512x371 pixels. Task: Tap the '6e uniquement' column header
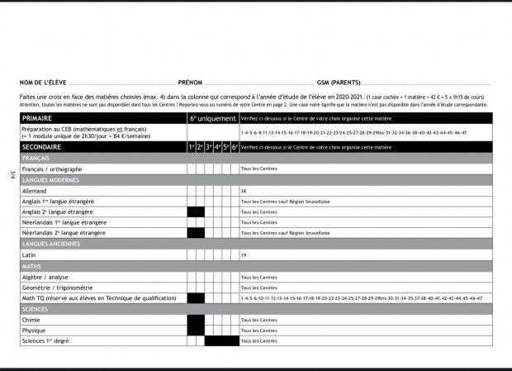point(212,119)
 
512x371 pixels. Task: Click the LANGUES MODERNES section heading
point(51,179)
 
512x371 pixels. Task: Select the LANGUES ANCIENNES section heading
point(51,244)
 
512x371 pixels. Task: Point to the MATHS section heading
point(31,266)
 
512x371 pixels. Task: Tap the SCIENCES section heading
point(36,308)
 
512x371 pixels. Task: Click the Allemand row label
point(35,190)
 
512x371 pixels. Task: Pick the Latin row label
point(30,255)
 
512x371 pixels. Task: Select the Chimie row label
point(31,320)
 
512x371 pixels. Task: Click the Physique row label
point(35,331)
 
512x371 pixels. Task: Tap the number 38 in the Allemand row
point(244,191)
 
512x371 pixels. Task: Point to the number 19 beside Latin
point(244,255)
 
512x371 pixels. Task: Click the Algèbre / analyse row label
point(45,277)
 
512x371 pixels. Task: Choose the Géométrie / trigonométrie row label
point(56,288)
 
